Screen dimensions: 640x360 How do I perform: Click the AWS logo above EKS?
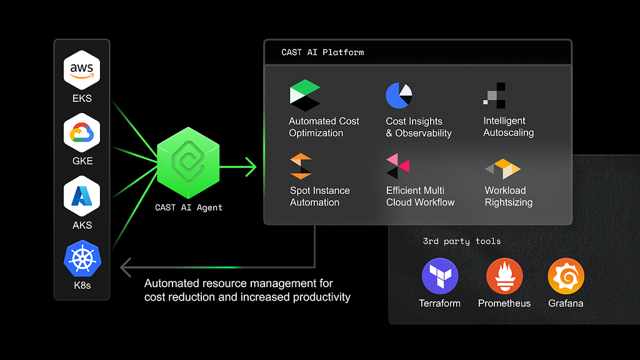pos(82,70)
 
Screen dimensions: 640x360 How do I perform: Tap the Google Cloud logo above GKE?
pos(82,132)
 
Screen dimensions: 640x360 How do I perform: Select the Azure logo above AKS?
pos(82,196)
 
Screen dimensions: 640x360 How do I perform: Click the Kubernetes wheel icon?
pos(82,259)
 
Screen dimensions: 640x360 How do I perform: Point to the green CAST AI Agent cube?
pos(188,162)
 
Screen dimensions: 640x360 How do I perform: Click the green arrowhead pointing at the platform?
pos(251,166)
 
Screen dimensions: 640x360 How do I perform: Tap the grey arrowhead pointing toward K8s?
pos(125,267)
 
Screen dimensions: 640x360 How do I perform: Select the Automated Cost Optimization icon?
pos(305,96)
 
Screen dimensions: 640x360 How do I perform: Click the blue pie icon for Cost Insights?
pos(399,96)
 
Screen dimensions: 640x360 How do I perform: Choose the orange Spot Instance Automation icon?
pos(301,166)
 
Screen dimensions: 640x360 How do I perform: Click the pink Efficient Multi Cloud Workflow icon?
pos(397,166)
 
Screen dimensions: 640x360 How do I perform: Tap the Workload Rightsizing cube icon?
pos(503,169)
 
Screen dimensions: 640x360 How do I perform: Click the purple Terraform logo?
pos(440,276)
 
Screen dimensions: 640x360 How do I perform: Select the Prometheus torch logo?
pos(504,276)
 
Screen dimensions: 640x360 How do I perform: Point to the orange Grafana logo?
pos(566,276)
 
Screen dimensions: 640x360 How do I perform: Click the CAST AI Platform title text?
pos(322,52)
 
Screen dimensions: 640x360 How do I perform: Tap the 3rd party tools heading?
pos(462,241)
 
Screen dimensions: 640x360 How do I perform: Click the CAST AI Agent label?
pos(189,207)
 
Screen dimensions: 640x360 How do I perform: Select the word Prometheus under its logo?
pos(504,303)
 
